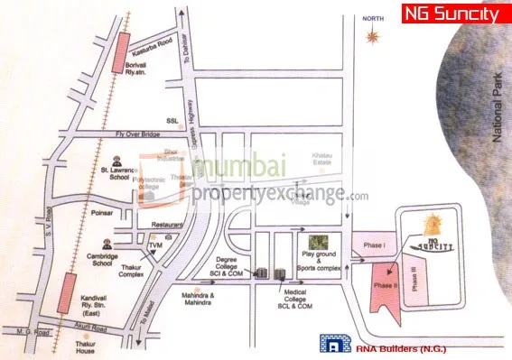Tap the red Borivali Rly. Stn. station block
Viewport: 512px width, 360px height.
(119, 57)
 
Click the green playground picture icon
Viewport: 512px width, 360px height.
(317, 243)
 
